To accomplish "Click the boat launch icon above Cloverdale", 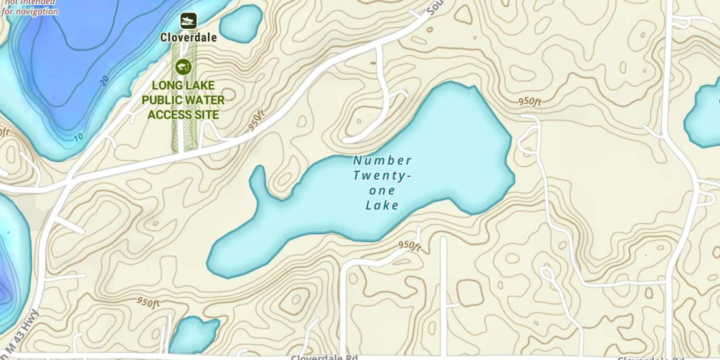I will click(189, 21).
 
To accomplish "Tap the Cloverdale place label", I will click(189, 37).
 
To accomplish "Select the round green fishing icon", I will click(183, 67).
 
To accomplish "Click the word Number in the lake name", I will click(382, 160).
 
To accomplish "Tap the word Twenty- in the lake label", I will click(382, 176).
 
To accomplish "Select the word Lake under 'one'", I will click(382, 206).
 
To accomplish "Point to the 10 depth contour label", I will click(78, 137).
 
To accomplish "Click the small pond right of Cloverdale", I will click(241, 23).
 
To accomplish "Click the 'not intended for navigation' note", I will click(30, 8).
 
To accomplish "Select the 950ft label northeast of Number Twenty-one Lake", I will click(529, 102).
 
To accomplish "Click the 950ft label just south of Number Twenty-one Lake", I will click(409, 245).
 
